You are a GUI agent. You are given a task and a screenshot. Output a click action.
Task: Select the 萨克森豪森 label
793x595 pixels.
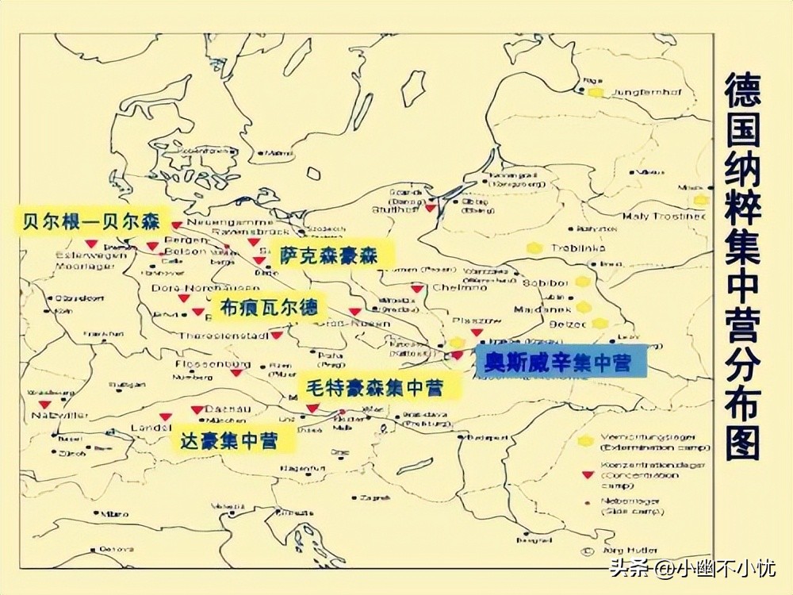(x=328, y=255)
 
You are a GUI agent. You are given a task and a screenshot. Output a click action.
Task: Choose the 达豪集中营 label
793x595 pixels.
(x=228, y=440)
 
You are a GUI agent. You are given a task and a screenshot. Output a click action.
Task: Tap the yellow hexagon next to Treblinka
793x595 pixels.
(x=536, y=248)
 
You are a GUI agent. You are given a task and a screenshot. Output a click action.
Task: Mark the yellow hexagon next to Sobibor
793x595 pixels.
(x=583, y=282)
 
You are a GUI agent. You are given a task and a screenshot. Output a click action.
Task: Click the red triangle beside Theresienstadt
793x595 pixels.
(x=277, y=336)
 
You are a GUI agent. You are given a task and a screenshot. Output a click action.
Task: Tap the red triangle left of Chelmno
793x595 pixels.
(x=416, y=289)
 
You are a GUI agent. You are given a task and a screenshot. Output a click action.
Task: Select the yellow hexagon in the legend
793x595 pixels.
(x=587, y=440)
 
